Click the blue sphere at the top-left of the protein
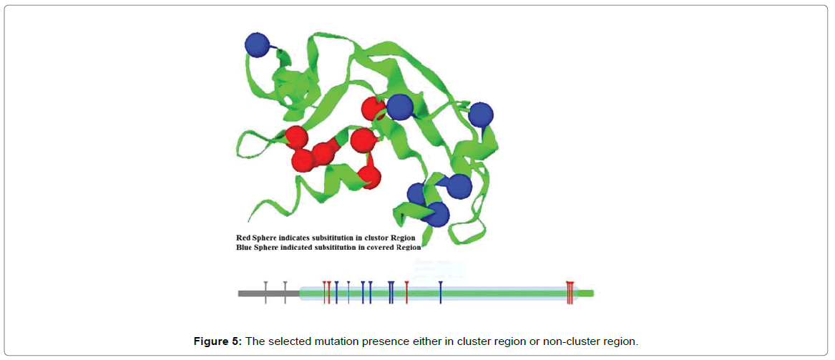click(x=258, y=44)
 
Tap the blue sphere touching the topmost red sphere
click(x=399, y=107)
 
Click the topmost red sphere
click(x=373, y=110)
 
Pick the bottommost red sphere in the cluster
click(x=369, y=176)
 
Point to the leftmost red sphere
click(x=296, y=137)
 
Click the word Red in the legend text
click(x=244, y=237)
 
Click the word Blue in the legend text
click(x=245, y=247)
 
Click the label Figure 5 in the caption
click(x=218, y=341)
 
